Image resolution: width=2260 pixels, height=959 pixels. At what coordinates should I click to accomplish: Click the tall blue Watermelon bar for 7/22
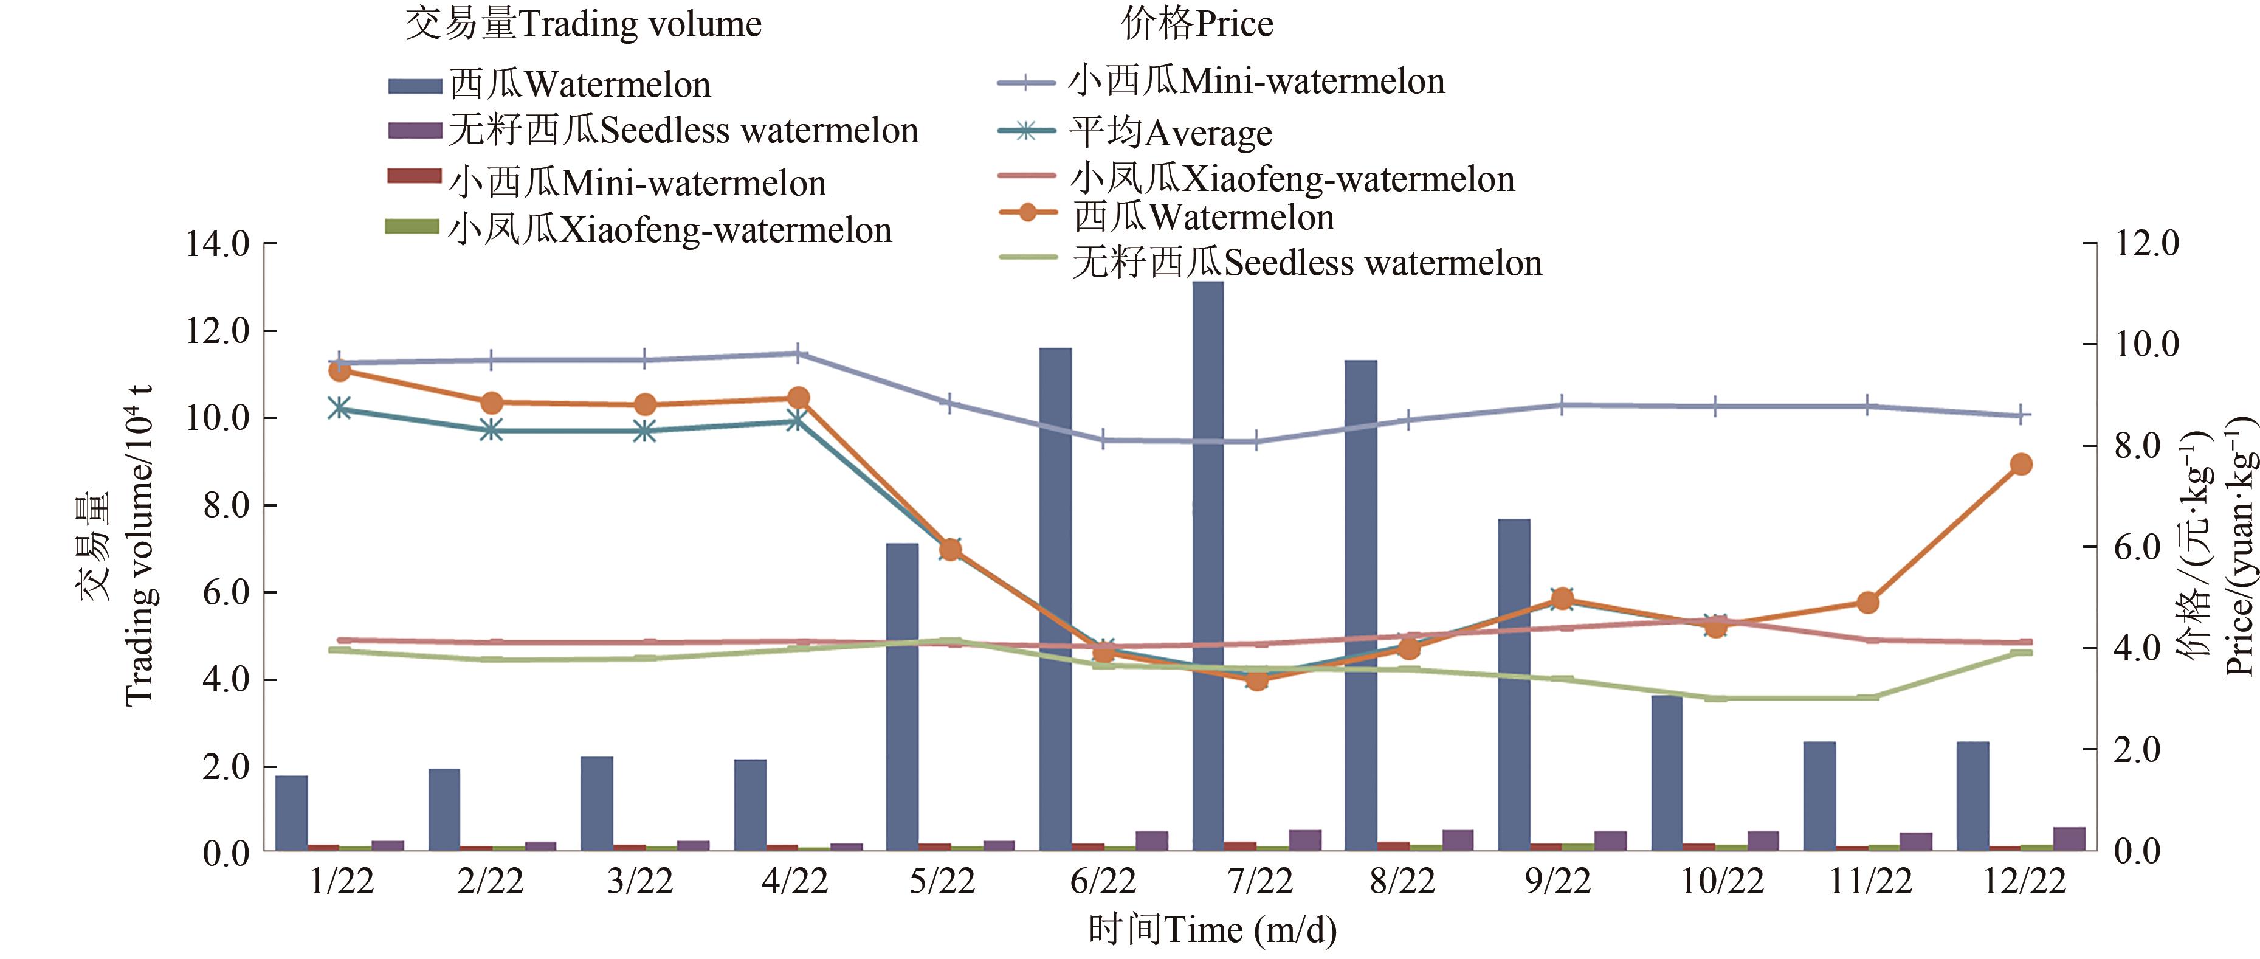(1208, 566)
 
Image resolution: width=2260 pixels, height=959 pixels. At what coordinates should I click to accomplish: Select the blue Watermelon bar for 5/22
(902, 697)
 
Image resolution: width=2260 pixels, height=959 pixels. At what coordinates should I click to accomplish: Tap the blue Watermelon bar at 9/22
(1514, 684)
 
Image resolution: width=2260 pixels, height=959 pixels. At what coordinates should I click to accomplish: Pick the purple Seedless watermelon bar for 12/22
(2069, 839)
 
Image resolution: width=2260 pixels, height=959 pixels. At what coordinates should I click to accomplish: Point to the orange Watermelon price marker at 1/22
(340, 370)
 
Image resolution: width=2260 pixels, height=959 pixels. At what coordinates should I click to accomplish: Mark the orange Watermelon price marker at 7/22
(1257, 680)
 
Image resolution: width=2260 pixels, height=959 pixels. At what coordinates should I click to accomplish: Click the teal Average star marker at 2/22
(491, 430)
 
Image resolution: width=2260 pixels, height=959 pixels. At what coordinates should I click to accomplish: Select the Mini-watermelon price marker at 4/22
(798, 353)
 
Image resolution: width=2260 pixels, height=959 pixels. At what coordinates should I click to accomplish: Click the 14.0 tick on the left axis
(217, 244)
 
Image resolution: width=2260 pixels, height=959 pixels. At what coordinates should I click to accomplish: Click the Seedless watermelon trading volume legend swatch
(414, 131)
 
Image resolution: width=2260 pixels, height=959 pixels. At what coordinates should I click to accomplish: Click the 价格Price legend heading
(1197, 24)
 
